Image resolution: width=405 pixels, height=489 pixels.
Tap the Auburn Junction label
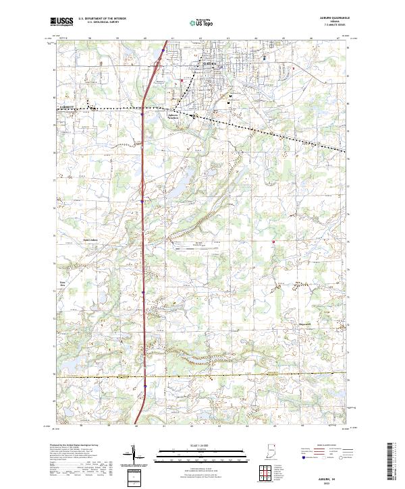point(175,115)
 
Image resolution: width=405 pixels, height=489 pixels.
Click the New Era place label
point(64,285)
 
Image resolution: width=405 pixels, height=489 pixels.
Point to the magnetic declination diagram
point(133,457)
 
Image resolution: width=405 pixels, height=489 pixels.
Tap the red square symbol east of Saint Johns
point(273,241)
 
